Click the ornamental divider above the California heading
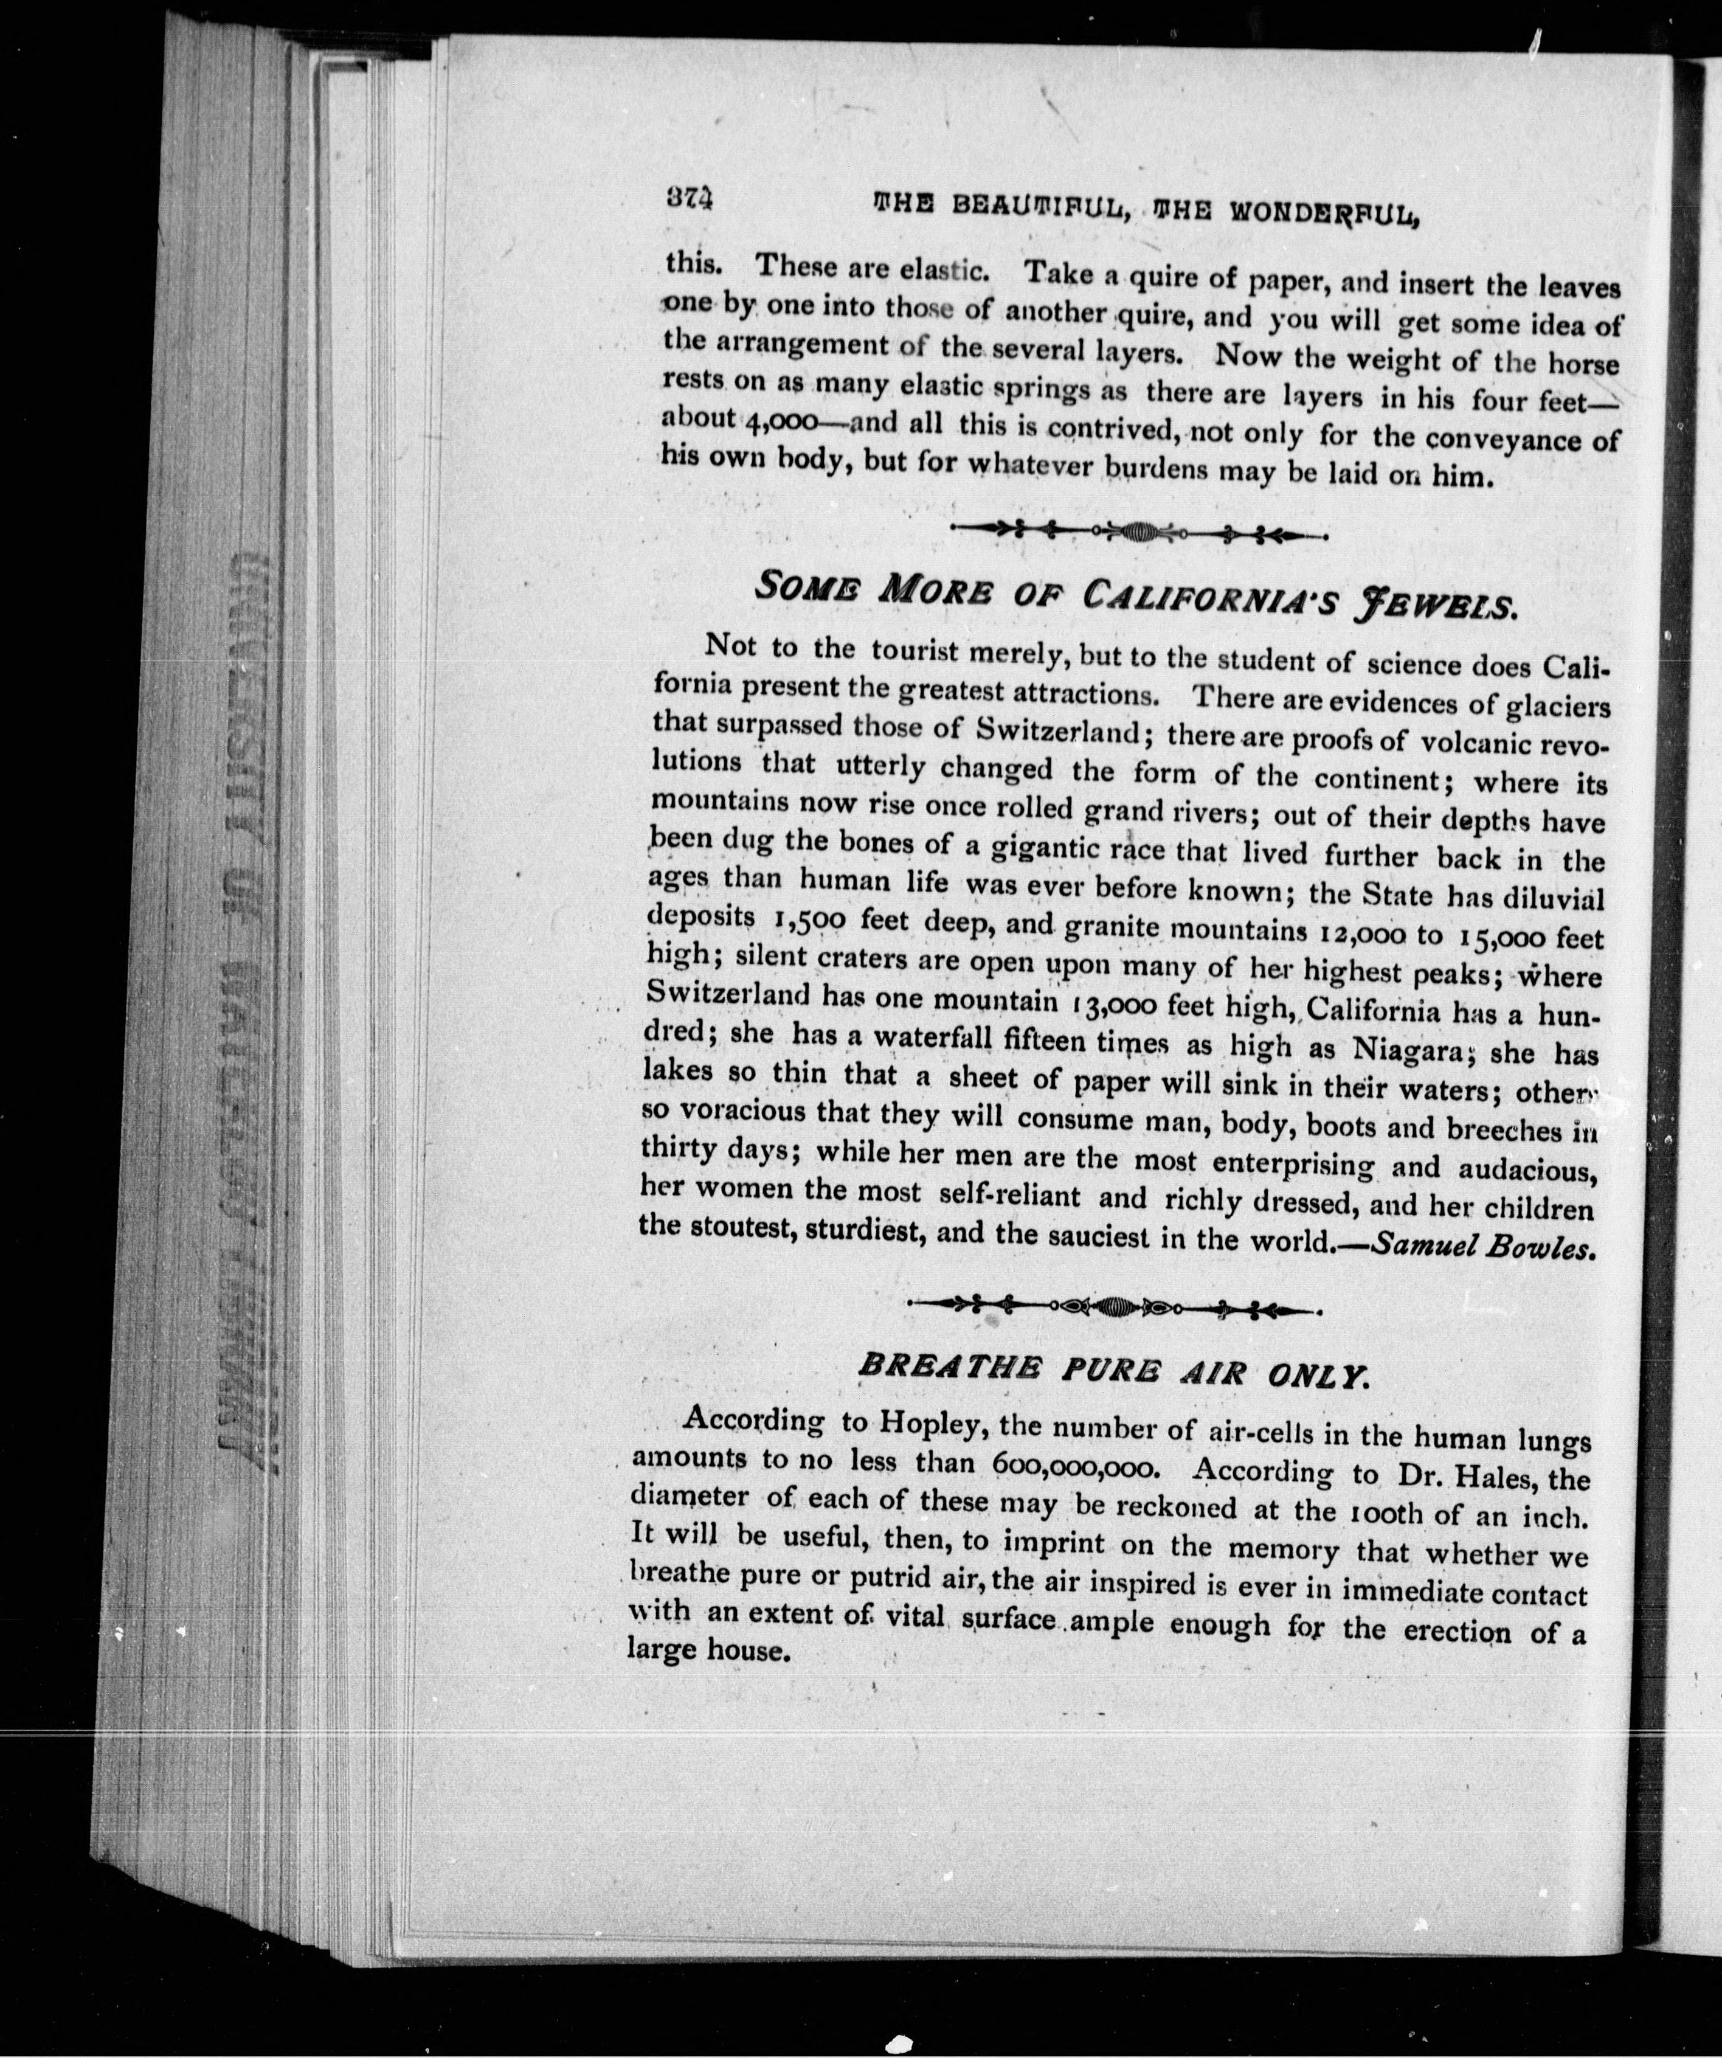coord(1139,533)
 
